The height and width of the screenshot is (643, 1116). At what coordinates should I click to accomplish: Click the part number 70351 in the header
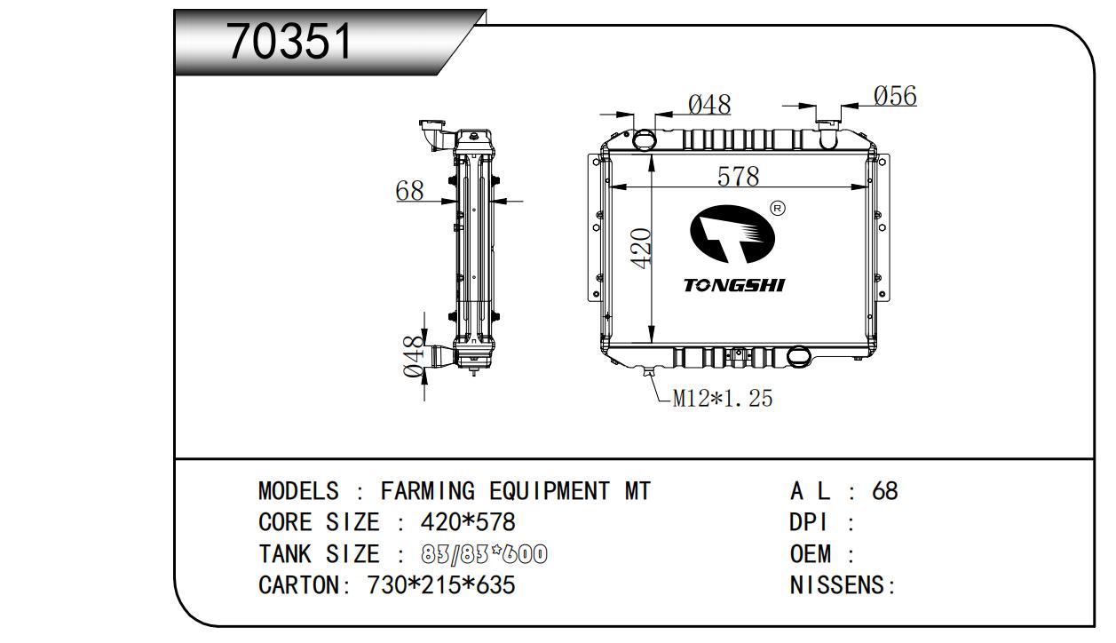pyautogui.click(x=289, y=42)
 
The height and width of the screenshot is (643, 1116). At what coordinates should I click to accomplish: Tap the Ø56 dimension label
pyautogui.click(x=895, y=96)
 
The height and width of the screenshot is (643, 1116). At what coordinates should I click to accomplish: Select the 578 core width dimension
pyautogui.click(x=738, y=176)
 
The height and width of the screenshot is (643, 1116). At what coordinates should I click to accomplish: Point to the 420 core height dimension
pyautogui.click(x=640, y=248)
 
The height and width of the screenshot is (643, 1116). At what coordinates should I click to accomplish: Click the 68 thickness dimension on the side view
pyautogui.click(x=409, y=191)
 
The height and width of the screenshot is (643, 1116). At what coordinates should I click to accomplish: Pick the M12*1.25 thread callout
pyautogui.click(x=722, y=398)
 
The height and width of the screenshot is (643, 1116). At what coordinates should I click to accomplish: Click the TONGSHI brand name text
pyautogui.click(x=734, y=285)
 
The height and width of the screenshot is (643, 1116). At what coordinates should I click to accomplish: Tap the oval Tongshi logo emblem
pyautogui.click(x=732, y=234)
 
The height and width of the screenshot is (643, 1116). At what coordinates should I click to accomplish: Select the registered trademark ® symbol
pyautogui.click(x=778, y=209)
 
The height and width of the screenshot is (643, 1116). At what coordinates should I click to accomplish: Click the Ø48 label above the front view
pyautogui.click(x=709, y=105)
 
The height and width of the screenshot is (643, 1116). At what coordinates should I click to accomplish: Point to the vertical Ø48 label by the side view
pyautogui.click(x=414, y=356)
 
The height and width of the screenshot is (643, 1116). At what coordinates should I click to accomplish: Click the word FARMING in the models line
pyautogui.click(x=427, y=491)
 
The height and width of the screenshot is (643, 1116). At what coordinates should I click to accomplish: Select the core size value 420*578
pyautogui.click(x=468, y=522)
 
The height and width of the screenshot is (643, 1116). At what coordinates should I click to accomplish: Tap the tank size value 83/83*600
pyautogui.click(x=484, y=554)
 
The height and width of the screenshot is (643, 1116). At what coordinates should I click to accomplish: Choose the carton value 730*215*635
pyautogui.click(x=441, y=585)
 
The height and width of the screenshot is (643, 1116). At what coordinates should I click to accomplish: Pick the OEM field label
pyautogui.click(x=810, y=554)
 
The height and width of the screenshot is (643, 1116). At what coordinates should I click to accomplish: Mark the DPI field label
pyautogui.click(x=809, y=522)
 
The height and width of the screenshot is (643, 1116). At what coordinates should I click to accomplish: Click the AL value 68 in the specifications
pyautogui.click(x=885, y=491)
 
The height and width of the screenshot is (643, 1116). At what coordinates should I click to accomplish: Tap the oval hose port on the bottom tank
pyautogui.click(x=799, y=356)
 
